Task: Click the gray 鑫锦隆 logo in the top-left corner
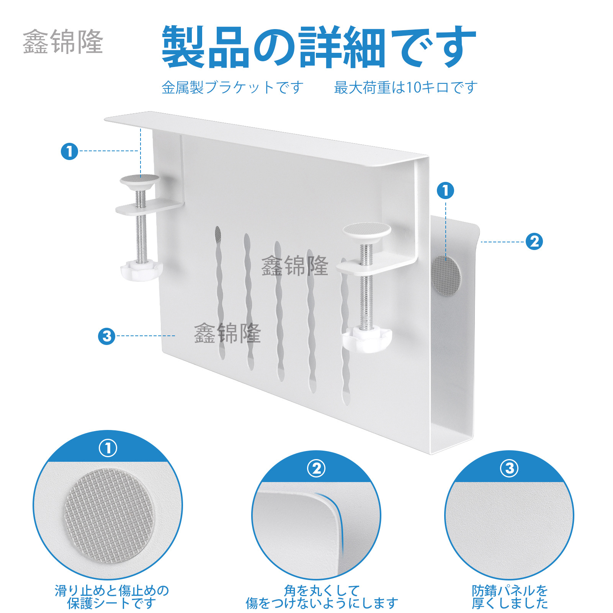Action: click(x=63, y=41)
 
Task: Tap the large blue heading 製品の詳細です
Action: click(x=319, y=47)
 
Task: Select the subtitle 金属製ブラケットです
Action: click(x=232, y=88)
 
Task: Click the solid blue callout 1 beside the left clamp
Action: click(x=69, y=151)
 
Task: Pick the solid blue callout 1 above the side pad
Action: click(x=445, y=190)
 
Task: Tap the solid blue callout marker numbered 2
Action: click(x=534, y=242)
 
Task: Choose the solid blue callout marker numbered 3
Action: click(x=106, y=336)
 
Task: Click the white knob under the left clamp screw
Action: click(x=141, y=270)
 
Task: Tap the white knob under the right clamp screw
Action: click(x=366, y=339)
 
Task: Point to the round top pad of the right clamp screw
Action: click(x=367, y=230)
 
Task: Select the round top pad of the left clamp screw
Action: click(x=139, y=180)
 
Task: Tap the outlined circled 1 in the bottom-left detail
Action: click(x=108, y=448)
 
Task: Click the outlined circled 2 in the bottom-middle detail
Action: click(x=316, y=468)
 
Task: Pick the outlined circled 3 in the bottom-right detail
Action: click(x=509, y=468)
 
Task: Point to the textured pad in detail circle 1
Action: click(x=109, y=516)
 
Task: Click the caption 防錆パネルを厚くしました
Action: click(x=510, y=597)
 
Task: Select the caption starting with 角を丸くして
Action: click(x=322, y=597)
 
